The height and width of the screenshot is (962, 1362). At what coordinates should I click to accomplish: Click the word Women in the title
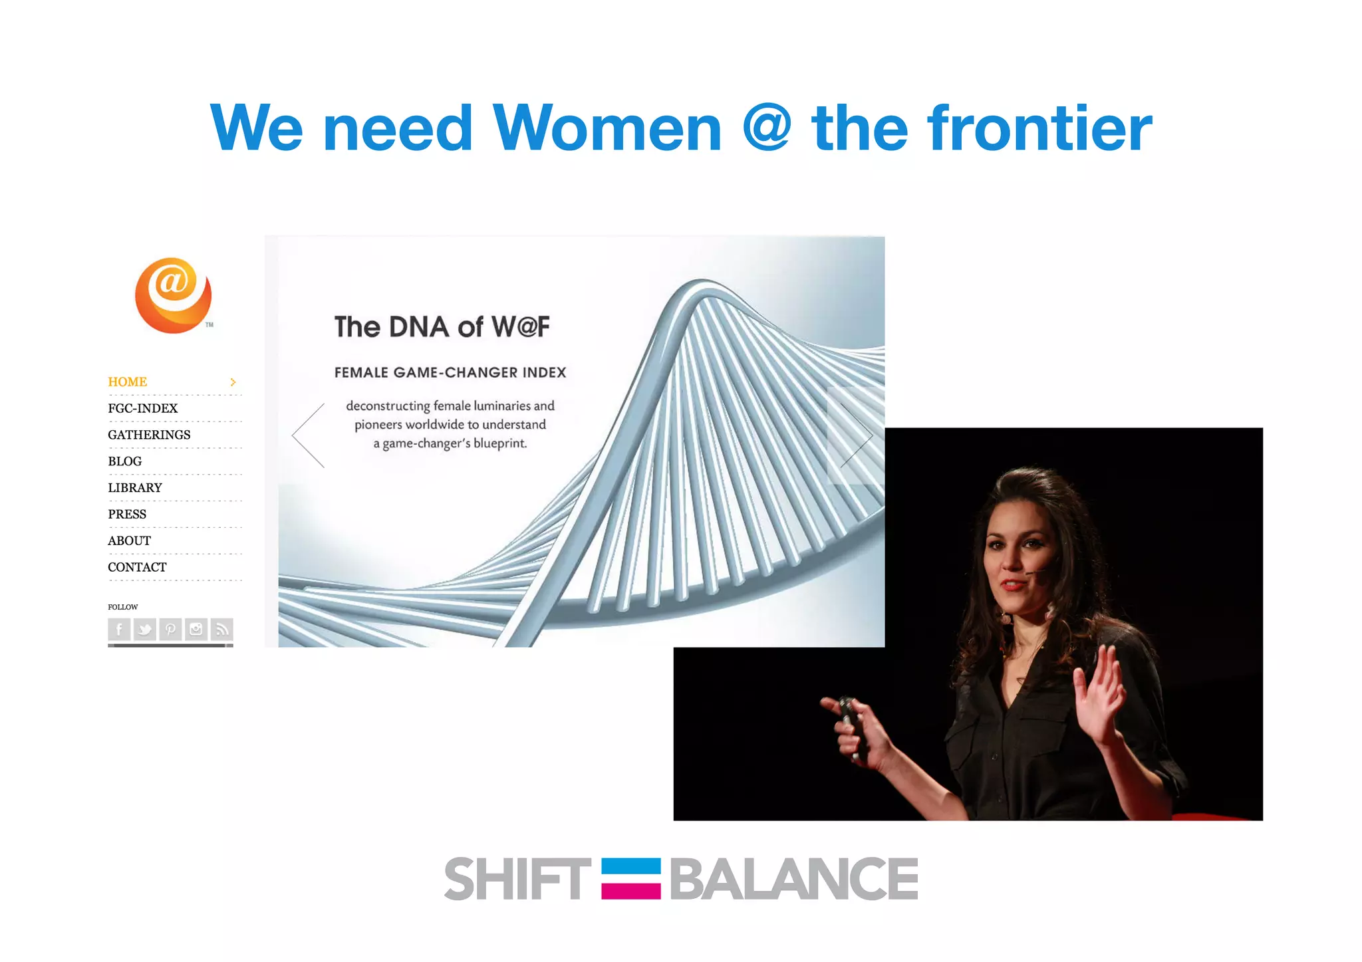point(607,128)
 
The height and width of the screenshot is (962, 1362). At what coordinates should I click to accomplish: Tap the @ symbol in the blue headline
point(766,126)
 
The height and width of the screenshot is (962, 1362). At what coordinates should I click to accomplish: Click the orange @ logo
point(173,295)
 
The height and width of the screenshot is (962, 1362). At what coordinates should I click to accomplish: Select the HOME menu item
point(128,382)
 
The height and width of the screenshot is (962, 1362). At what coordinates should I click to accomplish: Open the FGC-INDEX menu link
point(142,408)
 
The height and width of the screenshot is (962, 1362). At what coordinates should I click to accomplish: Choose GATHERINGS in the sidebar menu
point(149,435)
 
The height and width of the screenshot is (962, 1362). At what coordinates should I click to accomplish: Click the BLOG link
point(125,461)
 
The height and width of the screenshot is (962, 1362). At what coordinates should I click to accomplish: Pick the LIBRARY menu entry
point(135,488)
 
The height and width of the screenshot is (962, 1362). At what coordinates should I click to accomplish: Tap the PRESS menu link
point(127,515)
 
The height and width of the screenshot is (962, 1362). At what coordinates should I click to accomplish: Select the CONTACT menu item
point(137,567)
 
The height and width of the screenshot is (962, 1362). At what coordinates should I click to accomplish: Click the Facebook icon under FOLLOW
point(119,629)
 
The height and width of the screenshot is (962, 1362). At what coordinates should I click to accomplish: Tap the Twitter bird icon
point(144,629)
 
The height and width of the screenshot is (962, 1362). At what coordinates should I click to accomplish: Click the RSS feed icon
point(222,629)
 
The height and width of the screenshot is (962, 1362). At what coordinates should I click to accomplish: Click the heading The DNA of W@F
point(442,327)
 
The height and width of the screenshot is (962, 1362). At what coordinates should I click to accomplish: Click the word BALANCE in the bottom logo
point(793,879)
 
